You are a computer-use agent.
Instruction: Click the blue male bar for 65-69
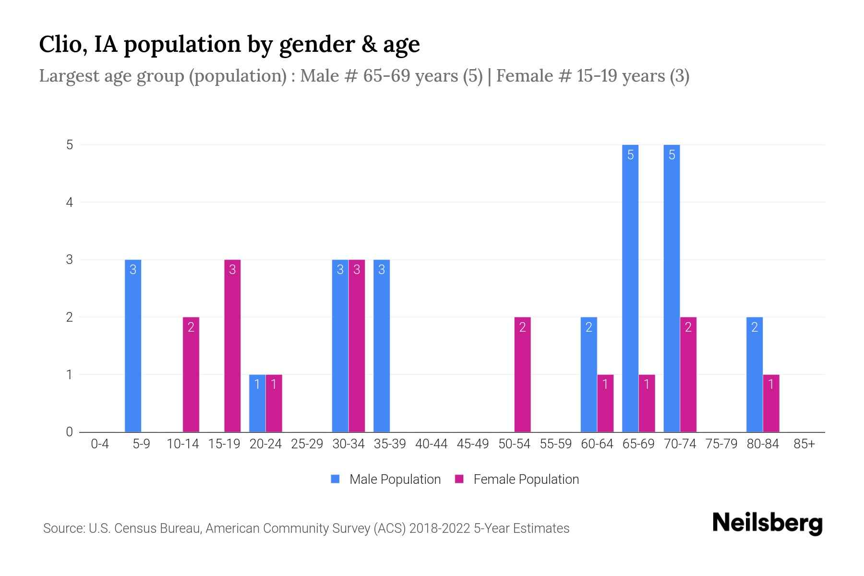pos(630,288)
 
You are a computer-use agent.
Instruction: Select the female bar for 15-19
pos(232,346)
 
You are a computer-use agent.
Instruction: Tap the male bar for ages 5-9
pos(133,346)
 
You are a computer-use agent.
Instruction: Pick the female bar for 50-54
pos(522,374)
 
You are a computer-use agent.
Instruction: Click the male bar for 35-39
pos(382,346)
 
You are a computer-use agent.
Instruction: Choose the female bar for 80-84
pos(771,403)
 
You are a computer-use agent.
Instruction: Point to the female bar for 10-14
pos(191,374)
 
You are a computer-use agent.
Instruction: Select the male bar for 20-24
pos(257,403)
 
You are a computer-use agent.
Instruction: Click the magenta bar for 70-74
pos(688,374)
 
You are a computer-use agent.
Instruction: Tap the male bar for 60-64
pos(588,374)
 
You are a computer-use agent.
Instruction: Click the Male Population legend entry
pos(386,479)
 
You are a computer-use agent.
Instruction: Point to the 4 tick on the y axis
pos(70,202)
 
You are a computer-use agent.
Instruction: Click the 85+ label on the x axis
pos(804,444)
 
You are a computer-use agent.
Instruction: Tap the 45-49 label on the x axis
pos(473,444)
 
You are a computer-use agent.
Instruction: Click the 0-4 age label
pos(100,444)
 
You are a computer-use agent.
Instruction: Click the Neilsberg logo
pos(767,523)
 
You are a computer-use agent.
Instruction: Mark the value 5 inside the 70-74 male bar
pos(672,155)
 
